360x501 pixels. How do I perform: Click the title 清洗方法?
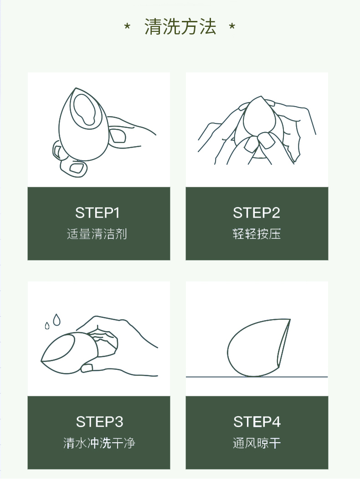coord(180,26)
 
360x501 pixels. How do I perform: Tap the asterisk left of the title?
coord(127,26)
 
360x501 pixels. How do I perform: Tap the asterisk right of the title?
coord(232,26)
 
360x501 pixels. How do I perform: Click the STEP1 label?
coord(98,213)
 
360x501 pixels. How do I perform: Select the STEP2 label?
coord(257,213)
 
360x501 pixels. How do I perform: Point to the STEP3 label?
coord(99,422)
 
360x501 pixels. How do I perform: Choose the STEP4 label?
coord(257,422)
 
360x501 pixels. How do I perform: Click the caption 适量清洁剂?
coord(97,234)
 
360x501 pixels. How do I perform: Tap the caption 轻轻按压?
coord(257,234)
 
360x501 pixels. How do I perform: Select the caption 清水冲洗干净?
coord(99,443)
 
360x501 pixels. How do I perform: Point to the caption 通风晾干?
coord(257,443)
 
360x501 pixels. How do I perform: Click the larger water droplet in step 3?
coord(57,320)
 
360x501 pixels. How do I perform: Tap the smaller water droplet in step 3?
coord(47,326)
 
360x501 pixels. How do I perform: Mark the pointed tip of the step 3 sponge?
coord(41,361)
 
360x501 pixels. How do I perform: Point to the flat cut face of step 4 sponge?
coord(284,343)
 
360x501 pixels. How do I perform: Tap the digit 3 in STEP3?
coord(119,422)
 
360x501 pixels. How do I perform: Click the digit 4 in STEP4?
coord(276,422)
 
